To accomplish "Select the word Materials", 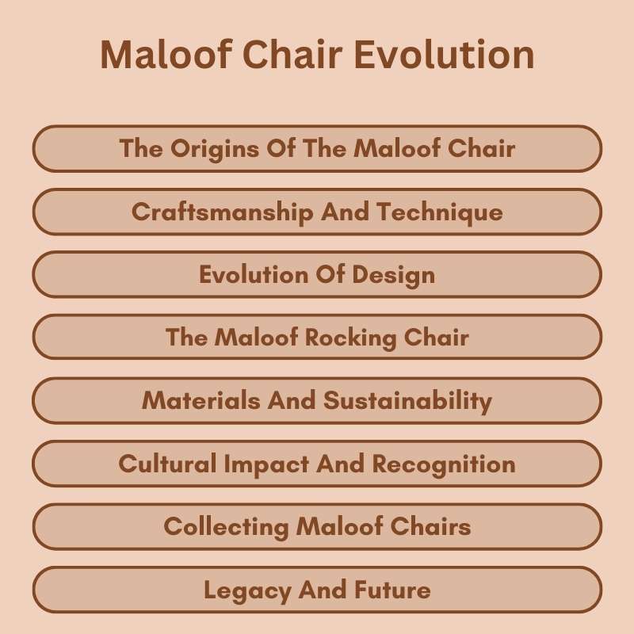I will coord(201,401).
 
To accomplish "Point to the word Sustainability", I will coord(407,401).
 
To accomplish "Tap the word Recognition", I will coord(444,464).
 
